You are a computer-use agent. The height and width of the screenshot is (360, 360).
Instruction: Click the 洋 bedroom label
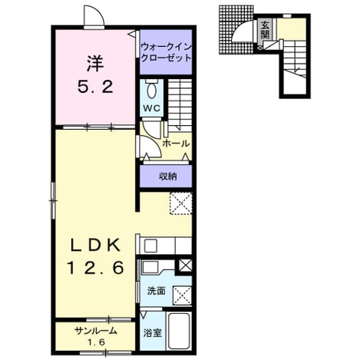pyautogui.click(x=95, y=64)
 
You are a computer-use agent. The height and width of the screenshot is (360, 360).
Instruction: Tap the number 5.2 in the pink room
pyautogui.click(x=95, y=88)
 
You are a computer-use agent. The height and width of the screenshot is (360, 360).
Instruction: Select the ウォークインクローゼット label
pyautogui.click(x=166, y=52)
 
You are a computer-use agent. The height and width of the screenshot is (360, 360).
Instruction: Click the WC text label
pyautogui.click(x=151, y=108)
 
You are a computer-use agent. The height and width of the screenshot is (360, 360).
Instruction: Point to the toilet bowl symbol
pyautogui.click(x=151, y=90)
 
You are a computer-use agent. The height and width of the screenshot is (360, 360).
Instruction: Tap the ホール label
pyautogui.click(x=176, y=144)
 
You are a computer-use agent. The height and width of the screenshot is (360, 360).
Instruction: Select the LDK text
pyautogui.click(x=95, y=246)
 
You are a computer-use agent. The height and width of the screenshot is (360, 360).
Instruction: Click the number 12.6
pyautogui.click(x=95, y=268)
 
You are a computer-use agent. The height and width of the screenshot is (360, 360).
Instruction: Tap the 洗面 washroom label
pyautogui.click(x=156, y=291)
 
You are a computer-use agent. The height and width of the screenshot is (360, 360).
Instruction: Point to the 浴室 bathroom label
pyautogui.click(x=153, y=333)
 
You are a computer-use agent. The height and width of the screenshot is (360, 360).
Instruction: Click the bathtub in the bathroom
pyautogui.click(x=179, y=330)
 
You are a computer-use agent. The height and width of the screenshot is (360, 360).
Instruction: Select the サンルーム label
pyautogui.click(x=96, y=331)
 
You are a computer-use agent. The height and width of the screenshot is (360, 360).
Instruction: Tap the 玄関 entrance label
pyautogui.click(x=265, y=29)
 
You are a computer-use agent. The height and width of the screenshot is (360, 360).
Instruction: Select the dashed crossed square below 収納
pyautogui.click(x=181, y=203)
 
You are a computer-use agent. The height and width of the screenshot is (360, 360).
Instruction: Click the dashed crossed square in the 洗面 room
pyautogui.click(x=182, y=296)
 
